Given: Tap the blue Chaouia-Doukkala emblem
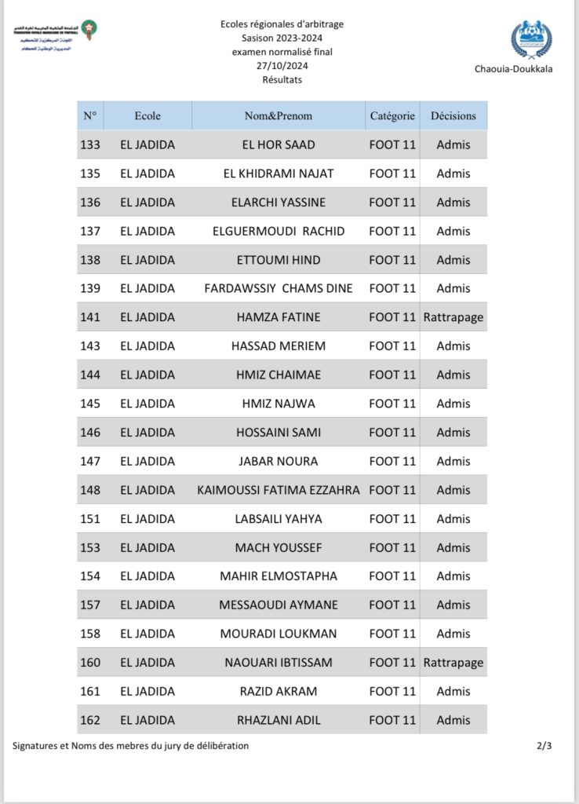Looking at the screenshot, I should point(530,40).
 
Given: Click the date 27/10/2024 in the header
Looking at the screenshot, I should point(282,66).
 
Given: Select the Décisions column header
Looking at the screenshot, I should point(453,115).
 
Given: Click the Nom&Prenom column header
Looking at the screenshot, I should point(279,115).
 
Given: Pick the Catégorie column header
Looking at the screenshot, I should point(392,115).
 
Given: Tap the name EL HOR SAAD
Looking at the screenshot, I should point(279,144).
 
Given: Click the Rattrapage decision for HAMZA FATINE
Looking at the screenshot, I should point(453,317).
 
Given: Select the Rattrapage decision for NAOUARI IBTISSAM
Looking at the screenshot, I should point(453,663).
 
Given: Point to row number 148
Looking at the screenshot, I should point(90,490).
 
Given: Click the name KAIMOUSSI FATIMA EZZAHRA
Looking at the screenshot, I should point(279,490).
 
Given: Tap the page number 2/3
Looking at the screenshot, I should point(544,746).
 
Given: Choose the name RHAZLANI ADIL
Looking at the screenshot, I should point(279,720).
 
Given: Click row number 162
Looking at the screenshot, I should point(90,720).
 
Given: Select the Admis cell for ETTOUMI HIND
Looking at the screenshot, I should point(453,260).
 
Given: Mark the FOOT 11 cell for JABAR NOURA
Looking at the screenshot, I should point(392,461).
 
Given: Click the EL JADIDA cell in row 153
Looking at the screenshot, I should point(147,547).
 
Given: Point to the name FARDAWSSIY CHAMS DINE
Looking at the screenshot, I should point(279,288).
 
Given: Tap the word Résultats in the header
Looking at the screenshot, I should point(282,79).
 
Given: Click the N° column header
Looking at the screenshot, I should point(90,115).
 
